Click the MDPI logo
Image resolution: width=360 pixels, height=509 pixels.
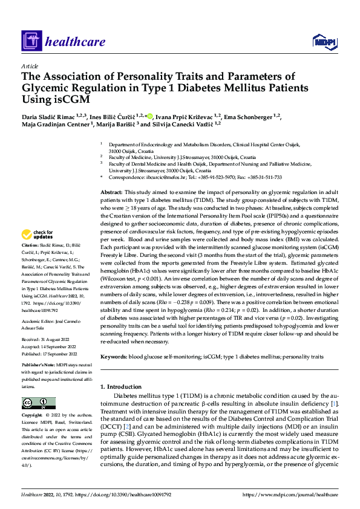[324, 42]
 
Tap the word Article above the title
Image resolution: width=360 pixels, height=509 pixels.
[30, 66]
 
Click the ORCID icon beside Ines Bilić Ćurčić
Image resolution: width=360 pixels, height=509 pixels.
[149, 115]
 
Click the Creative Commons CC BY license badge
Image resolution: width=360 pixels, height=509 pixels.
[38, 403]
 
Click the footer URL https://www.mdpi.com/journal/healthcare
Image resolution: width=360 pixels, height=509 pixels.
[290, 494]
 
